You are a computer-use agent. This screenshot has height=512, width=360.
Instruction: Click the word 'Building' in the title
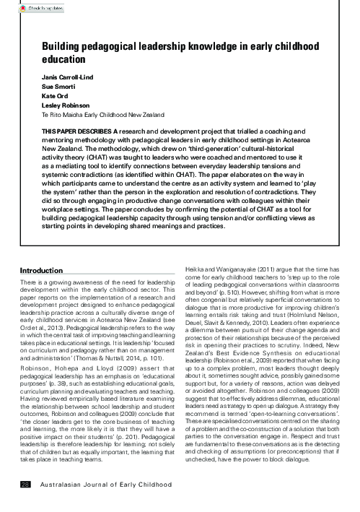pyautogui.click(x=62, y=47)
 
